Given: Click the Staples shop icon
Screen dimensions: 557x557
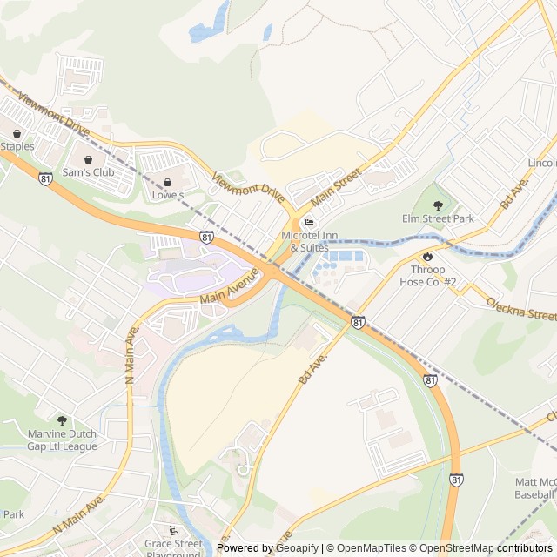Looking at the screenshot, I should click(x=17, y=133).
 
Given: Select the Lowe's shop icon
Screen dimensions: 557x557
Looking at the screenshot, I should click(x=167, y=182).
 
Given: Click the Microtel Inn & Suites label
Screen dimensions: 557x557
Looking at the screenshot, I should click(x=305, y=241).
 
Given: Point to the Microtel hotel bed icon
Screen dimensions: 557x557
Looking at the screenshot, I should click(x=309, y=222).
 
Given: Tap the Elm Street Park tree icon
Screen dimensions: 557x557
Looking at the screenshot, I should click(x=438, y=205).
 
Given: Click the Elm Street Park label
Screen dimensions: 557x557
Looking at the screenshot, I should click(x=438, y=218).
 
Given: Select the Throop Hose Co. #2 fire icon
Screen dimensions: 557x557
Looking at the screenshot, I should click(x=427, y=256).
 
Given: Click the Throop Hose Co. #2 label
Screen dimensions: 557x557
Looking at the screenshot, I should click(x=427, y=275).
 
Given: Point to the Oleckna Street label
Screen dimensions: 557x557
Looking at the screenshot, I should click(x=521, y=308).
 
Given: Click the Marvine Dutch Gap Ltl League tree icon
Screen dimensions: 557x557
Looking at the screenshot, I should click(x=61, y=421).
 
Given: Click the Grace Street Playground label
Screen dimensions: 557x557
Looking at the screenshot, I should click(x=174, y=549).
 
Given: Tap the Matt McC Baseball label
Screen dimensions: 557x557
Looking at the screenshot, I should click(x=535, y=487).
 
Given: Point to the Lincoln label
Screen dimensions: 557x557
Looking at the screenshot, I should click(x=541, y=163).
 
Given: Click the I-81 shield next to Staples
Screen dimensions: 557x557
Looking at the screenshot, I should click(x=45, y=178).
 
